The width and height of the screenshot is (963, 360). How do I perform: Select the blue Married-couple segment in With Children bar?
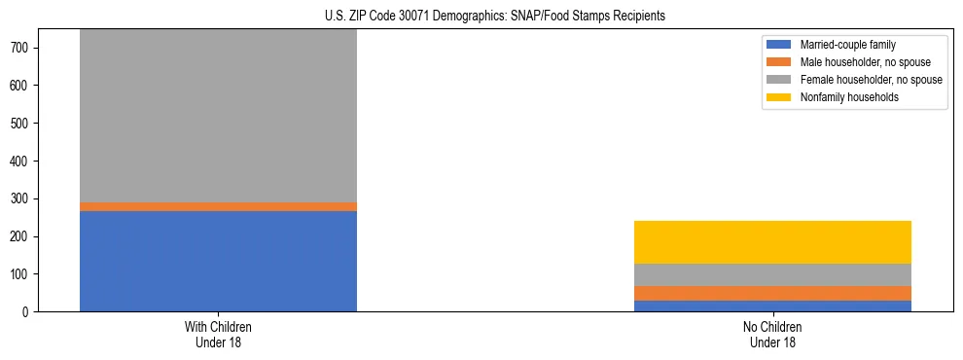pyautogui.click(x=218, y=261)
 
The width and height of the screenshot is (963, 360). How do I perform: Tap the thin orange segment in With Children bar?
pyautogui.click(x=218, y=206)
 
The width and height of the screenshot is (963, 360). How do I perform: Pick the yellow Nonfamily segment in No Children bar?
pyautogui.click(x=772, y=242)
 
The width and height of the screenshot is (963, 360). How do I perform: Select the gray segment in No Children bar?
pyautogui.click(x=772, y=274)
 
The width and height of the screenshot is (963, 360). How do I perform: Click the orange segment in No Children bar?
pyautogui.click(x=772, y=293)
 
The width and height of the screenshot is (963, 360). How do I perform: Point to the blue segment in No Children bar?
pyautogui.click(x=772, y=306)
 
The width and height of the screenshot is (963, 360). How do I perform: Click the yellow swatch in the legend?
pyautogui.click(x=779, y=97)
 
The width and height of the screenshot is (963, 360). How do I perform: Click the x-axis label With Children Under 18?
pyautogui.click(x=218, y=335)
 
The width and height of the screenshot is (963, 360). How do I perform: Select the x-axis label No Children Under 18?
pyautogui.click(x=772, y=335)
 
